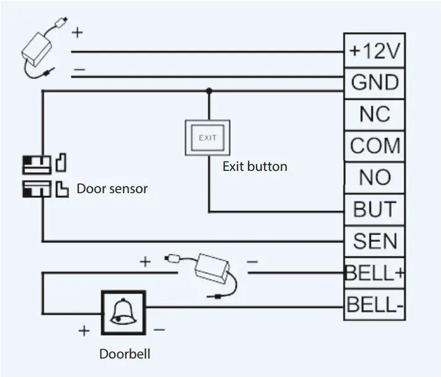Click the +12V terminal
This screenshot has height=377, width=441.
[374, 51]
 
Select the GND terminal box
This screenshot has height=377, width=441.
[374, 82]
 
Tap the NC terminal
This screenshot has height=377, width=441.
[374, 114]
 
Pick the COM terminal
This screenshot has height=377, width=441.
[374, 146]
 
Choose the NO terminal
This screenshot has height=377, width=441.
[374, 178]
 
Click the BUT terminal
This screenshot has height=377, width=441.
[374, 209]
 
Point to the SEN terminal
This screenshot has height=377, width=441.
[374, 241]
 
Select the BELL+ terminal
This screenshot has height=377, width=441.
[374, 273]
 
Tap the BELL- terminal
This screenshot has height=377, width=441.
[374, 305]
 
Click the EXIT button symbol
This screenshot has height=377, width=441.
[208, 138]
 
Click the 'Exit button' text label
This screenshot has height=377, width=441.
[255, 167]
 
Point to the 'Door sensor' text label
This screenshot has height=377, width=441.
[112, 189]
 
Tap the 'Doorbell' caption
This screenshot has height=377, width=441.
[125, 354]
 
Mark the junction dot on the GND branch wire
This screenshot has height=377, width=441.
[208, 91]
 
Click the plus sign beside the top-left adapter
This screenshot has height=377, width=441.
[77, 33]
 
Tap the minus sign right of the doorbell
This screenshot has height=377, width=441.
[159, 330]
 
